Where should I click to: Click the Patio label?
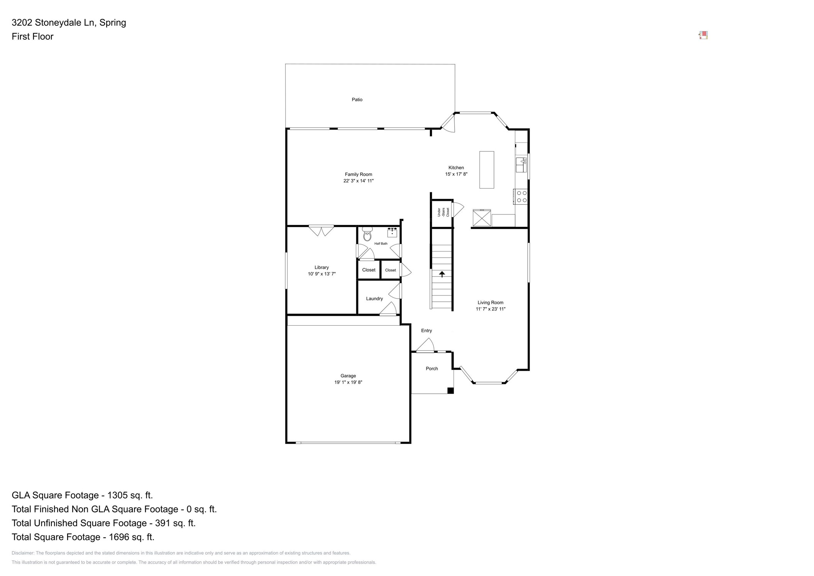click(357, 100)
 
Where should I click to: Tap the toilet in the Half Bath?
click(367, 234)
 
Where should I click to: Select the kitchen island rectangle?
click(486, 170)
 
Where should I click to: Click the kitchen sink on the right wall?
click(521, 165)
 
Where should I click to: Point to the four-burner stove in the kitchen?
click(521, 197)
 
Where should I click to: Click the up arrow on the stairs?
click(442, 274)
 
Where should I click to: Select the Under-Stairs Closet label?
click(443, 212)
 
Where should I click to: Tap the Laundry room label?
click(374, 299)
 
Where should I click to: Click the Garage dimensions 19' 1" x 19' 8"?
click(348, 382)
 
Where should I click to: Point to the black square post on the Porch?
click(450, 391)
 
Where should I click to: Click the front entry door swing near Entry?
click(426, 345)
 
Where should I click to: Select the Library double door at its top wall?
click(321, 230)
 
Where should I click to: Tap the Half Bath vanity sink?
click(392, 232)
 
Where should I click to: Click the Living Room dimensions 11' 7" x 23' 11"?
click(490, 309)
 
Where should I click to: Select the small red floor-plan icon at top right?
click(703, 36)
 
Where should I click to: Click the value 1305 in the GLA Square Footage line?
click(118, 495)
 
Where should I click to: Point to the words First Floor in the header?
click(32, 37)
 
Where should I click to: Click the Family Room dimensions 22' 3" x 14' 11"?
click(358, 181)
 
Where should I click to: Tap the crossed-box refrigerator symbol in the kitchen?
click(482, 218)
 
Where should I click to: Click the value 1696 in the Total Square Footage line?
click(120, 537)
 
